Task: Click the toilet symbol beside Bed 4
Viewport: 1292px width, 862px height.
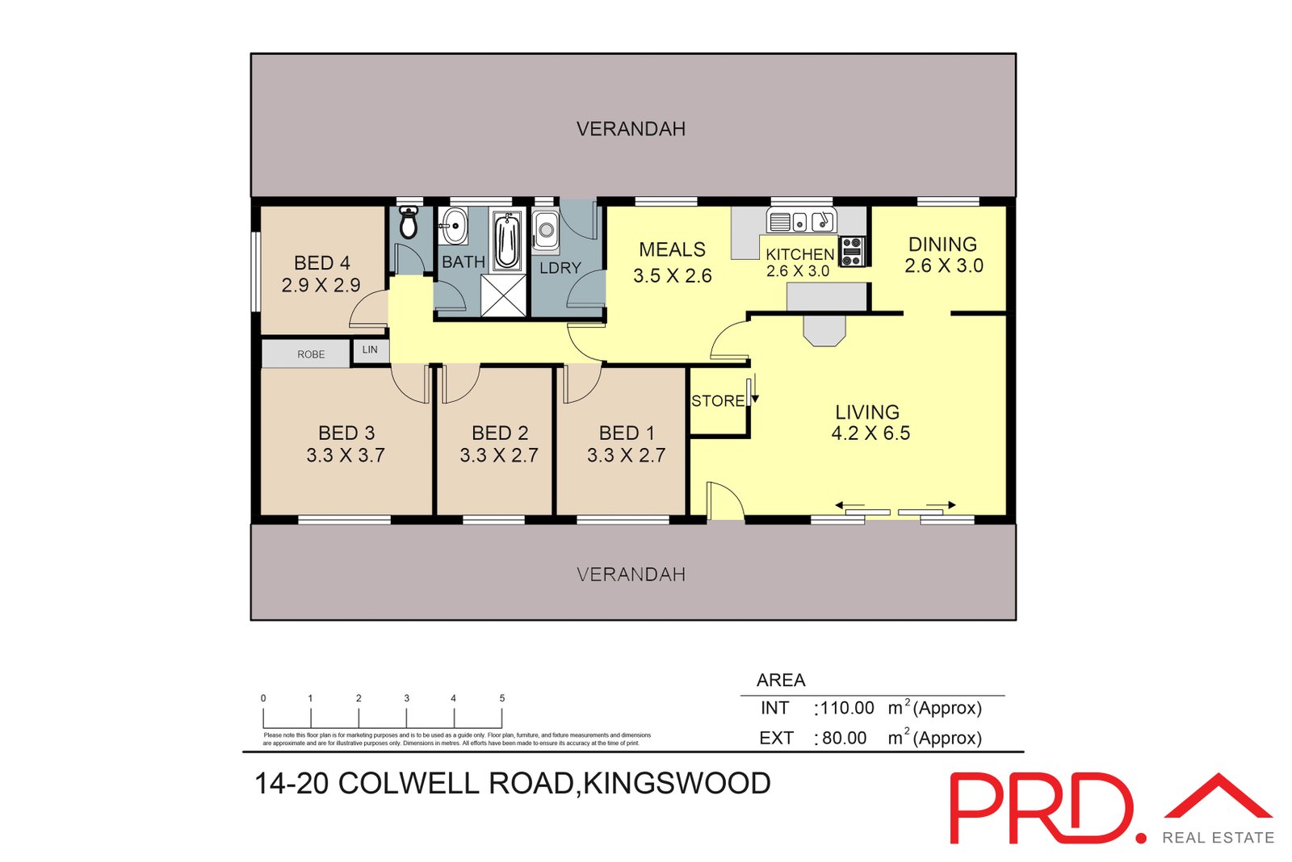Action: pos(409,224)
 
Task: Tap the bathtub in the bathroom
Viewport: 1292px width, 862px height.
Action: pos(507,241)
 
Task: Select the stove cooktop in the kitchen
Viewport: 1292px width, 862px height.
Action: pos(852,251)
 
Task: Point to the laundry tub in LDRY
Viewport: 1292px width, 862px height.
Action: pos(546,231)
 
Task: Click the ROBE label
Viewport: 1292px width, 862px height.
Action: pos(311,354)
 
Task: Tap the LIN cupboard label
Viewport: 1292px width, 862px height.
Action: pos(370,349)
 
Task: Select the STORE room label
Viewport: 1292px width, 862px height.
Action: pos(717,401)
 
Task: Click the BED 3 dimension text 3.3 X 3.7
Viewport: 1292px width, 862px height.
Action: pos(346,455)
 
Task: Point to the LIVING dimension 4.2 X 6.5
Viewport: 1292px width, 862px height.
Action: pos(870,433)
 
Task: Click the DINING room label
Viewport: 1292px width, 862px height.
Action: pos(942,245)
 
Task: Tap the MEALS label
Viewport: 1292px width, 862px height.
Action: pos(672,250)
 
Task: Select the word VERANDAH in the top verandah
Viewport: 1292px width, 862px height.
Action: pos(631,129)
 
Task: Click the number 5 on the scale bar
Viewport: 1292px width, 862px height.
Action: pos(501,698)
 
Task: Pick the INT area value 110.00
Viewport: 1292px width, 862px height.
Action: pos(847,708)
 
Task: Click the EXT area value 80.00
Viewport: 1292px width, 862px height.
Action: pos(844,738)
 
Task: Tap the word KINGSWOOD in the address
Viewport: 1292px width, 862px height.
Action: pos(677,783)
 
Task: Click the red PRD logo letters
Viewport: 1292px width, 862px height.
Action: pos(1041,809)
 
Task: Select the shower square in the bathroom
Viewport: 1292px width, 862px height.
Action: pos(503,295)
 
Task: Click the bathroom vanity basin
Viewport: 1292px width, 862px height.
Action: pos(454,225)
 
